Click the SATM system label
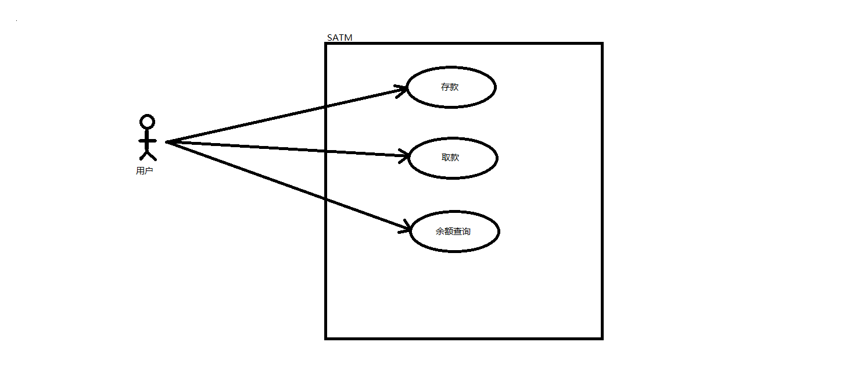click(x=339, y=38)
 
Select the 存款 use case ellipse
click(x=451, y=87)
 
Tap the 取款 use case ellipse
click(x=453, y=158)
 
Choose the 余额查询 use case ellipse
click(x=454, y=232)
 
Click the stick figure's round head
click(x=148, y=122)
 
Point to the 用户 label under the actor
click(x=145, y=171)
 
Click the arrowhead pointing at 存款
click(x=402, y=90)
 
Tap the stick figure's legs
click(x=148, y=154)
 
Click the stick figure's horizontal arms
click(x=148, y=141)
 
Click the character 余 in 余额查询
click(x=440, y=232)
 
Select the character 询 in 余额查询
click(x=466, y=232)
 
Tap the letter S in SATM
click(x=330, y=38)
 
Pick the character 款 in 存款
click(x=455, y=87)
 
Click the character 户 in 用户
click(x=149, y=171)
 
